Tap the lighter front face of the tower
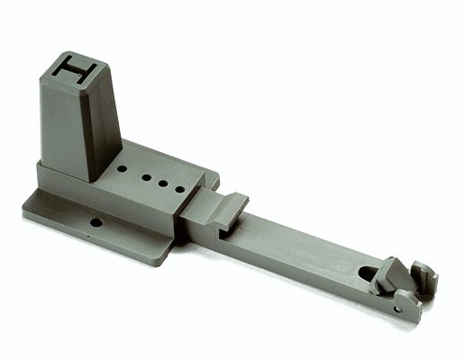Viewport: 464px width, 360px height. (65, 130)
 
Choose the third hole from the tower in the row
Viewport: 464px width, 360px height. (163, 183)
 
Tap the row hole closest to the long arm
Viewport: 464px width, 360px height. (179, 190)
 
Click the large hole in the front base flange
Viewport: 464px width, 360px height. (96, 221)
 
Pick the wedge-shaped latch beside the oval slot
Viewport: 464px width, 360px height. (389, 275)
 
